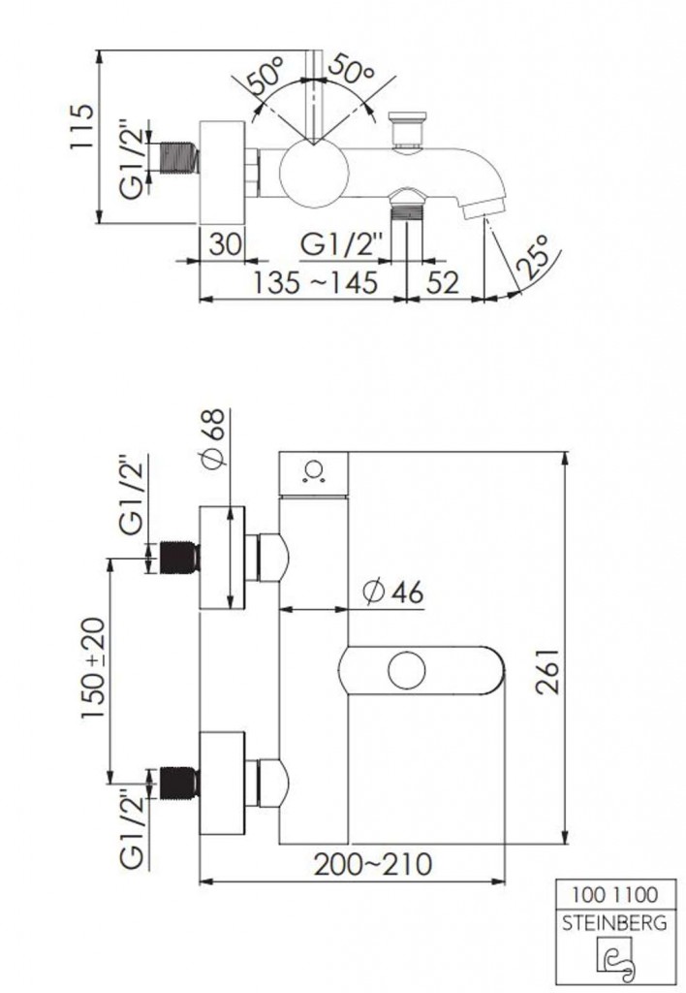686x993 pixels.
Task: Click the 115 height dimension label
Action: click(83, 126)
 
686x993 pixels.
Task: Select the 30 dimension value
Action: click(226, 243)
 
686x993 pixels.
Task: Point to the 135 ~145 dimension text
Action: click(315, 282)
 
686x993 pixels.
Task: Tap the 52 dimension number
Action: click(442, 282)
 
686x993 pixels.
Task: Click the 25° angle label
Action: click(530, 256)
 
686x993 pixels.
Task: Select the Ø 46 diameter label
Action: click(393, 593)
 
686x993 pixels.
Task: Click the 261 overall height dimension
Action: click(548, 671)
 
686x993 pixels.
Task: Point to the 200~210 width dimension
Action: click(373, 863)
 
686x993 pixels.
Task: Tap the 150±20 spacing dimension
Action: click(93, 668)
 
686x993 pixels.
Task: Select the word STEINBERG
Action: click(614, 923)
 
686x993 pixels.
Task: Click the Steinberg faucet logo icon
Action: click(614, 957)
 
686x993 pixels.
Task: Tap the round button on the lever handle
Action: click(406, 670)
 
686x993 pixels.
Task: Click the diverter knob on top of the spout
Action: click(408, 132)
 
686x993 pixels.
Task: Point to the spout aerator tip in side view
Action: click(483, 207)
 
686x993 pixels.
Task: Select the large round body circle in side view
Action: click(315, 175)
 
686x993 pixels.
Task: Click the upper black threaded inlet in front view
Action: click(179, 557)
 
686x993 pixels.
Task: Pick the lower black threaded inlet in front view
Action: click(179, 783)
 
